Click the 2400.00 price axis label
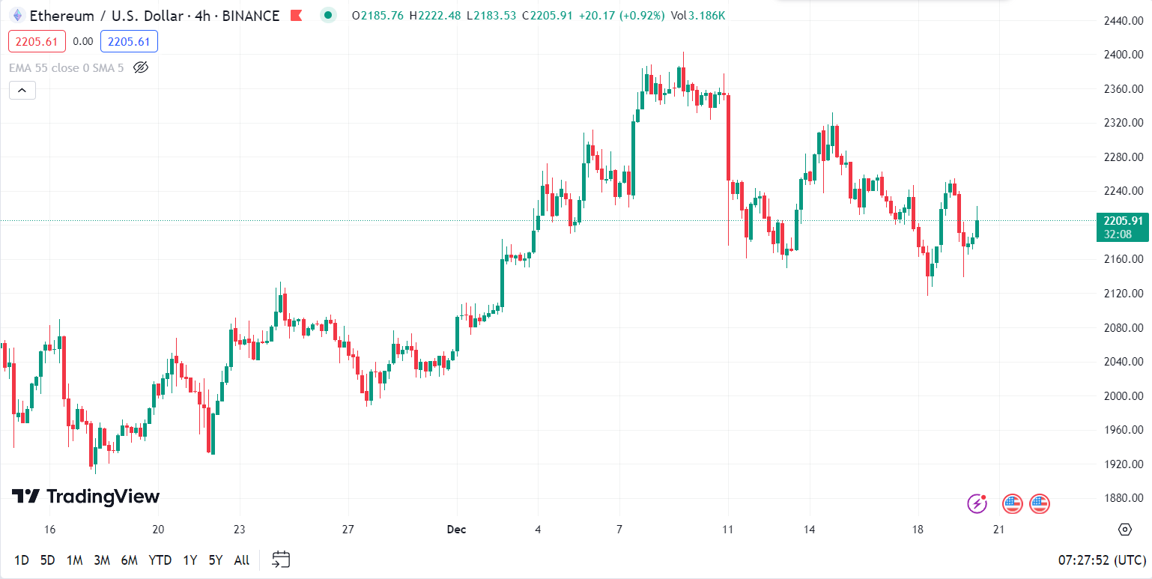click(x=1123, y=55)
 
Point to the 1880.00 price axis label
click(x=1123, y=498)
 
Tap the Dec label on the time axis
click(x=456, y=530)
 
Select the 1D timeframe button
click(x=22, y=560)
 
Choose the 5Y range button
click(x=216, y=560)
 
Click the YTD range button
click(x=160, y=560)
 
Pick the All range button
click(x=242, y=560)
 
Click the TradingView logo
click(x=85, y=496)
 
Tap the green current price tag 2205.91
click(x=1121, y=221)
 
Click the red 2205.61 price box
click(x=37, y=42)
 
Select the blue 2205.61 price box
click(x=129, y=42)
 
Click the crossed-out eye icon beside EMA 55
click(x=141, y=67)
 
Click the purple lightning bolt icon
click(x=977, y=503)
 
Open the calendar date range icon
click(x=281, y=560)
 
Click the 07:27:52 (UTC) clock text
click(x=1102, y=560)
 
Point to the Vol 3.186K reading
click(x=698, y=16)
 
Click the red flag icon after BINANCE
click(x=297, y=15)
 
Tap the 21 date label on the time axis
click(x=998, y=530)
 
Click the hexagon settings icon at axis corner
click(x=1124, y=530)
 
